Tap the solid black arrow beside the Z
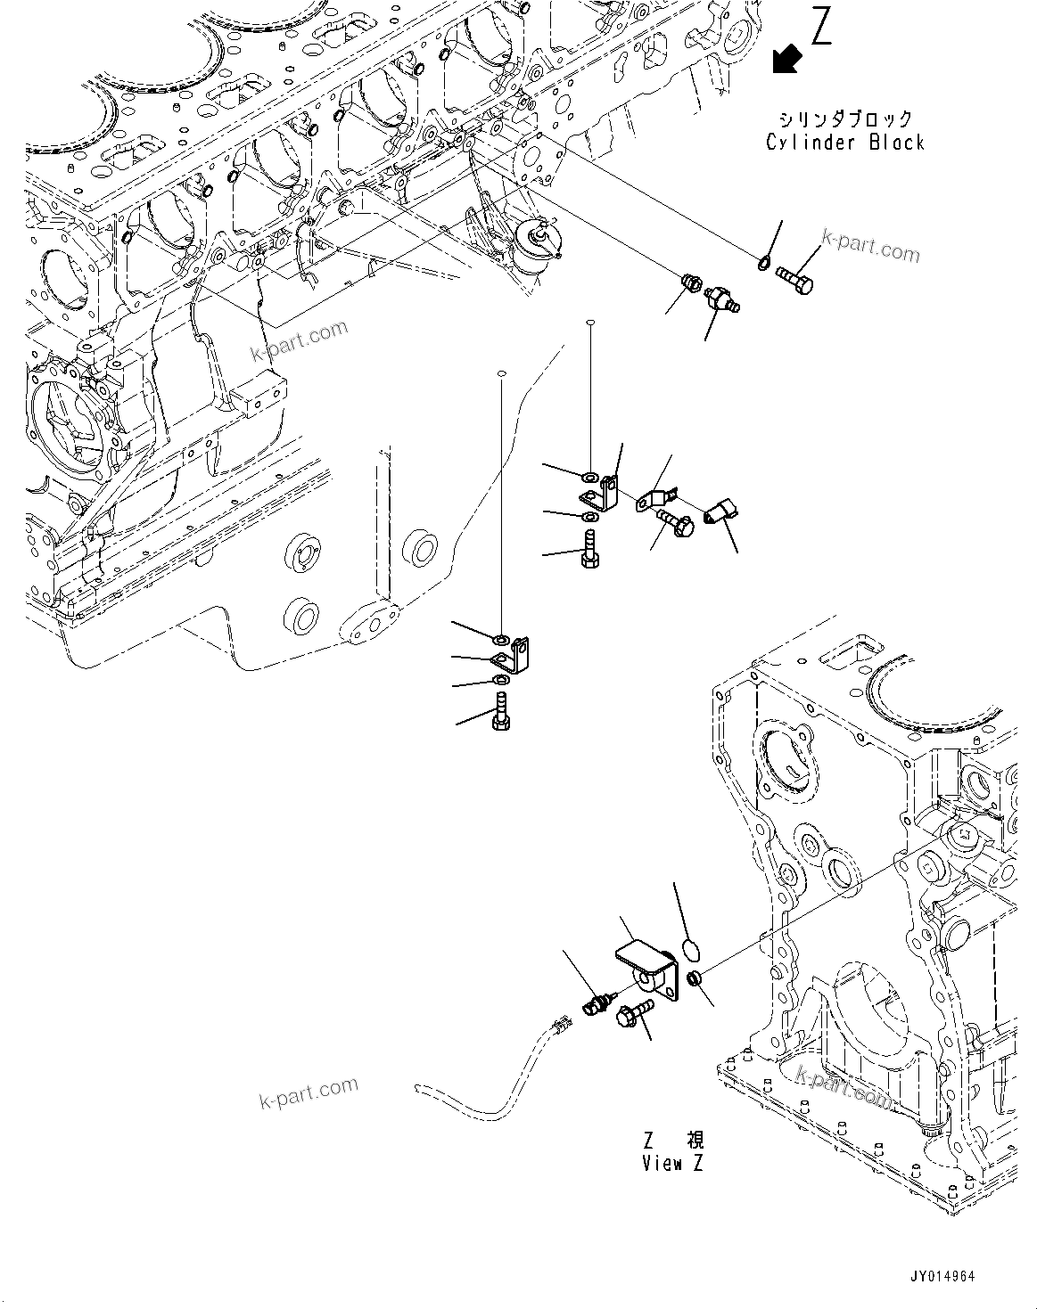pos(787,59)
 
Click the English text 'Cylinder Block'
pos(845,143)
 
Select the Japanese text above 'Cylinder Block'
pos(845,119)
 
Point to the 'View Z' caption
pos(673,1163)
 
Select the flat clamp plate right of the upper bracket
pos(658,499)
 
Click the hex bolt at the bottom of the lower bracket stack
pos(500,713)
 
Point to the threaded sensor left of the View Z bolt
pos(597,1003)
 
